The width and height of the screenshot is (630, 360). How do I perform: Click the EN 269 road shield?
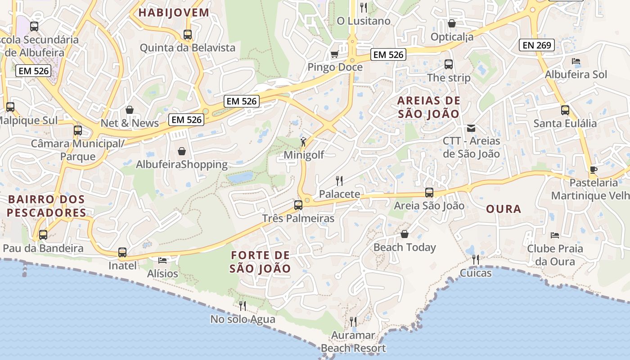(537, 45)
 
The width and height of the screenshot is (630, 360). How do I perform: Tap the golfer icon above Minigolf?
(304, 142)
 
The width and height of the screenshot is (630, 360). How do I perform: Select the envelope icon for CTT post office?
(471, 128)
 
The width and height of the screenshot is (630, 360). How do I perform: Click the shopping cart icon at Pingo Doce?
(334, 54)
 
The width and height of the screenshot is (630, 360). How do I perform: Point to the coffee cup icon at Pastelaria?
(593, 170)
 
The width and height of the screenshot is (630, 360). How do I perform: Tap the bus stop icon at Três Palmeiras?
(298, 205)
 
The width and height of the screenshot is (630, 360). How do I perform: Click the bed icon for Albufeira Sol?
(576, 61)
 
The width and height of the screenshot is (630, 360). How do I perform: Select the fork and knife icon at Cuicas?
(475, 260)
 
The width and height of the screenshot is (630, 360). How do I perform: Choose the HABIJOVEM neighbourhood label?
(174, 13)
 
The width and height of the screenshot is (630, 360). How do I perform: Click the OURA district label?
(504, 209)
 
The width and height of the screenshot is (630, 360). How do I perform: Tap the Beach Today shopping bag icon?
(405, 234)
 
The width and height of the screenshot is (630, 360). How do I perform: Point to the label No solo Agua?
(243, 319)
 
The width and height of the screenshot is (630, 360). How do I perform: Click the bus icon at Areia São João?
(429, 193)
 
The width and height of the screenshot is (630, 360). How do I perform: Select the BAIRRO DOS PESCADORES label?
(46, 206)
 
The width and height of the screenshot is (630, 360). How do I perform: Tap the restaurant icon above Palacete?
(339, 181)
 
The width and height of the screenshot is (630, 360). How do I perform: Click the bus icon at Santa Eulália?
(565, 110)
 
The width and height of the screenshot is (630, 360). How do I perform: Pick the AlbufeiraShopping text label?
(182, 164)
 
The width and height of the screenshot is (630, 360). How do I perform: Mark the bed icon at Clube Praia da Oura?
(555, 235)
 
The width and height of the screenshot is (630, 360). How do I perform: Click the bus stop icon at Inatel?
(122, 252)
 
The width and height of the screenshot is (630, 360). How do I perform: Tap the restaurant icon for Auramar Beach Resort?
(353, 322)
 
